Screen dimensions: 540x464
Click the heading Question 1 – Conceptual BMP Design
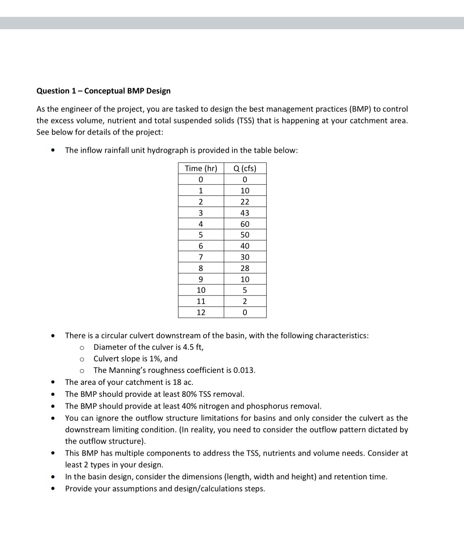103,91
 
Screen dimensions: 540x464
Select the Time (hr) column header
201,168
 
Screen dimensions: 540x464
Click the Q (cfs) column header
245,168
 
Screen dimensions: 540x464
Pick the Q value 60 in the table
245,224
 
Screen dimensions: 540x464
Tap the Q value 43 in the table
245,213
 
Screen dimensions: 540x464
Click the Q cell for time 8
245,268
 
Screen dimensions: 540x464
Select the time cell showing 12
201,312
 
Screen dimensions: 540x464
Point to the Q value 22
245,202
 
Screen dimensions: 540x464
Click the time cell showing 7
201,257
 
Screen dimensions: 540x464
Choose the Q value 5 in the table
245,290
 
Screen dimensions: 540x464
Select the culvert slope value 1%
155,358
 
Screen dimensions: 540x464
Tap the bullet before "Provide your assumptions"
53,489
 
